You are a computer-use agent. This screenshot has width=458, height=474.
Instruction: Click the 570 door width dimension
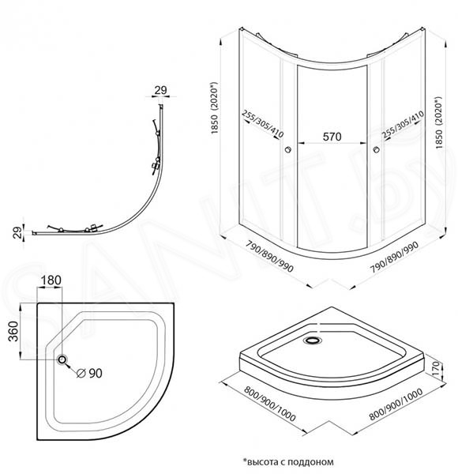click(332, 137)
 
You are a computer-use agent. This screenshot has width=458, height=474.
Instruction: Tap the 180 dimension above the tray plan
click(51, 280)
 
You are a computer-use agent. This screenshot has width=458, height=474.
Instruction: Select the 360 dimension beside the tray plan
click(13, 331)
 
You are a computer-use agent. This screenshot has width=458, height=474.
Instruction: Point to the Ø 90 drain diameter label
click(90, 374)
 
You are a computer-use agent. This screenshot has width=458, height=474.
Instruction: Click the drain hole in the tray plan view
click(62, 359)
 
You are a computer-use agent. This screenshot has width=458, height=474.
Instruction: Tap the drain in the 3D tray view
click(313, 340)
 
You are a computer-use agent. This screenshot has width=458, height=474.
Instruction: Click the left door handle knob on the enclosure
click(288, 149)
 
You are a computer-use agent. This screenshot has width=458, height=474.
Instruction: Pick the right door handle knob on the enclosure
click(377, 149)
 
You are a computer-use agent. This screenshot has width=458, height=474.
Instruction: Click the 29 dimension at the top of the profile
click(161, 90)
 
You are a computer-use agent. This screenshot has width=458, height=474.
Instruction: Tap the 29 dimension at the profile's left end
click(18, 232)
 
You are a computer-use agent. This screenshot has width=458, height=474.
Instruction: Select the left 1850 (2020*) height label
click(215, 107)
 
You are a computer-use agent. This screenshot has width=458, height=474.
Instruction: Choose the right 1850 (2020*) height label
click(439, 122)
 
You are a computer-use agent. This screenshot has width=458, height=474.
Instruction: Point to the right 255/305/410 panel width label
click(402, 125)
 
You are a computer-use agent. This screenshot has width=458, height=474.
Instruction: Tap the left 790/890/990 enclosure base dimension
click(269, 256)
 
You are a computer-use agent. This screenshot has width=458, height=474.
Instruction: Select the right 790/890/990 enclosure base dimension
click(394, 258)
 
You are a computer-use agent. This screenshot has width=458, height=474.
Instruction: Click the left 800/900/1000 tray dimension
click(269, 404)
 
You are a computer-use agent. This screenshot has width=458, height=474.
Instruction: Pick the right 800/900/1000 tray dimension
click(396, 404)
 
